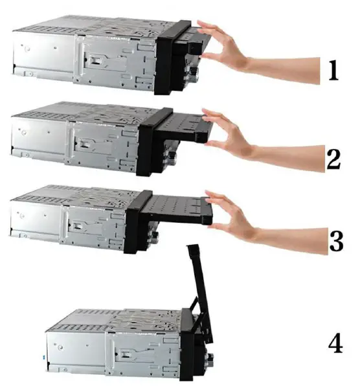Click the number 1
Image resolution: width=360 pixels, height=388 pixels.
click(x=333, y=70)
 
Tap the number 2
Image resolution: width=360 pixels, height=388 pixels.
click(x=333, y=157)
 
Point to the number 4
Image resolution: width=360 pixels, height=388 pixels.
click(x=335, y=343)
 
